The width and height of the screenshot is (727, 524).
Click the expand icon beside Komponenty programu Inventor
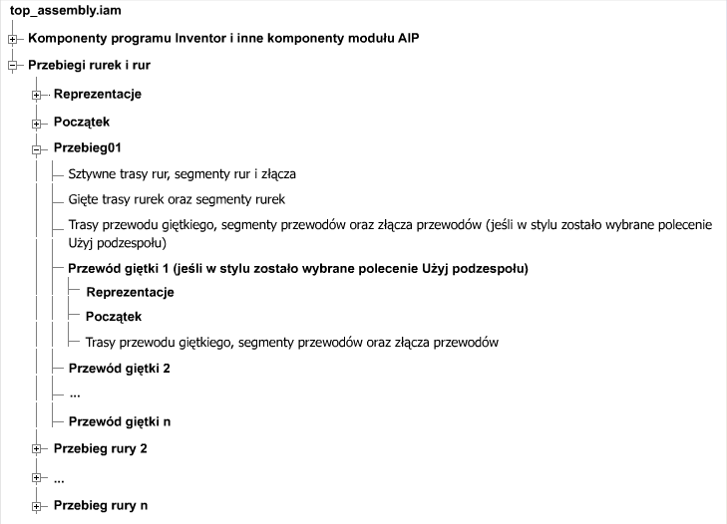tap(13, 40)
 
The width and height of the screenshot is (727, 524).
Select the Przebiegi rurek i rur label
tap(90, 66)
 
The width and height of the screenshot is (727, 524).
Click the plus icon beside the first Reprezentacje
tap(37, 96)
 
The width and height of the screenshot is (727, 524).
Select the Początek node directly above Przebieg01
tap(81, 122)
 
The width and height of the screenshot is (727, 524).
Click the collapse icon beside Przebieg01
tap(37, 149)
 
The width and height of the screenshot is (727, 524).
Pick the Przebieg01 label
tap(88, 148)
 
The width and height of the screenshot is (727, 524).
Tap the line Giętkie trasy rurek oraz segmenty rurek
tap(177, 198)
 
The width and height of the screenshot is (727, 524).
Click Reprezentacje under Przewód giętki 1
tap(130, 293)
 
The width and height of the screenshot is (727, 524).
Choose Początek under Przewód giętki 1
tap(114, 317)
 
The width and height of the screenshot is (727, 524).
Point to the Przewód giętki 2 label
tap(119, 369)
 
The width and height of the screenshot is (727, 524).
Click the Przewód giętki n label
tap(119, 421)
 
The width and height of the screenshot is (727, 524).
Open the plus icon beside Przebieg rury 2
tap(37, 450)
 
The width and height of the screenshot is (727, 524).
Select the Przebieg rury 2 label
tap(100, 449)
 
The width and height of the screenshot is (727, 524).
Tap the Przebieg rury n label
tap(100, 505)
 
